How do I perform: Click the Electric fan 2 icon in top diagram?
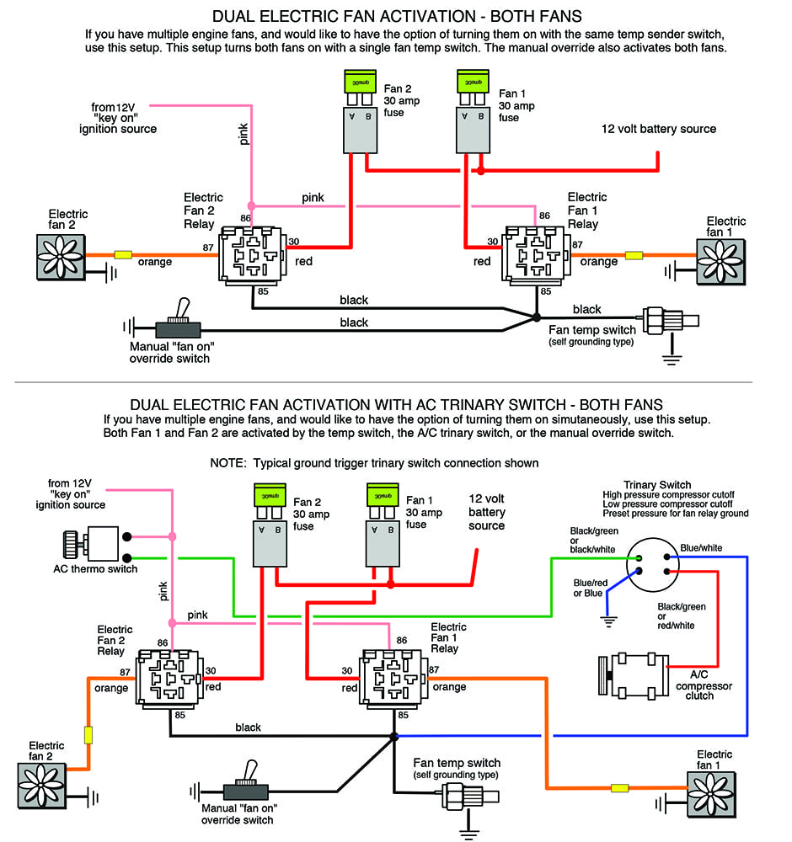pos(59,255)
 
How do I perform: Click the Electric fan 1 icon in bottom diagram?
pos(709,794)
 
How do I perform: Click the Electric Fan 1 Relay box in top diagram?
pos(536,253)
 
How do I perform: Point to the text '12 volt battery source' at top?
pos(658,129)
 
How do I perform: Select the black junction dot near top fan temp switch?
pos(537,317)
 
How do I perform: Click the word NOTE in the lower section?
pos(228,463)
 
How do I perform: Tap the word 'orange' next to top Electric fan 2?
pos(154,262)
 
